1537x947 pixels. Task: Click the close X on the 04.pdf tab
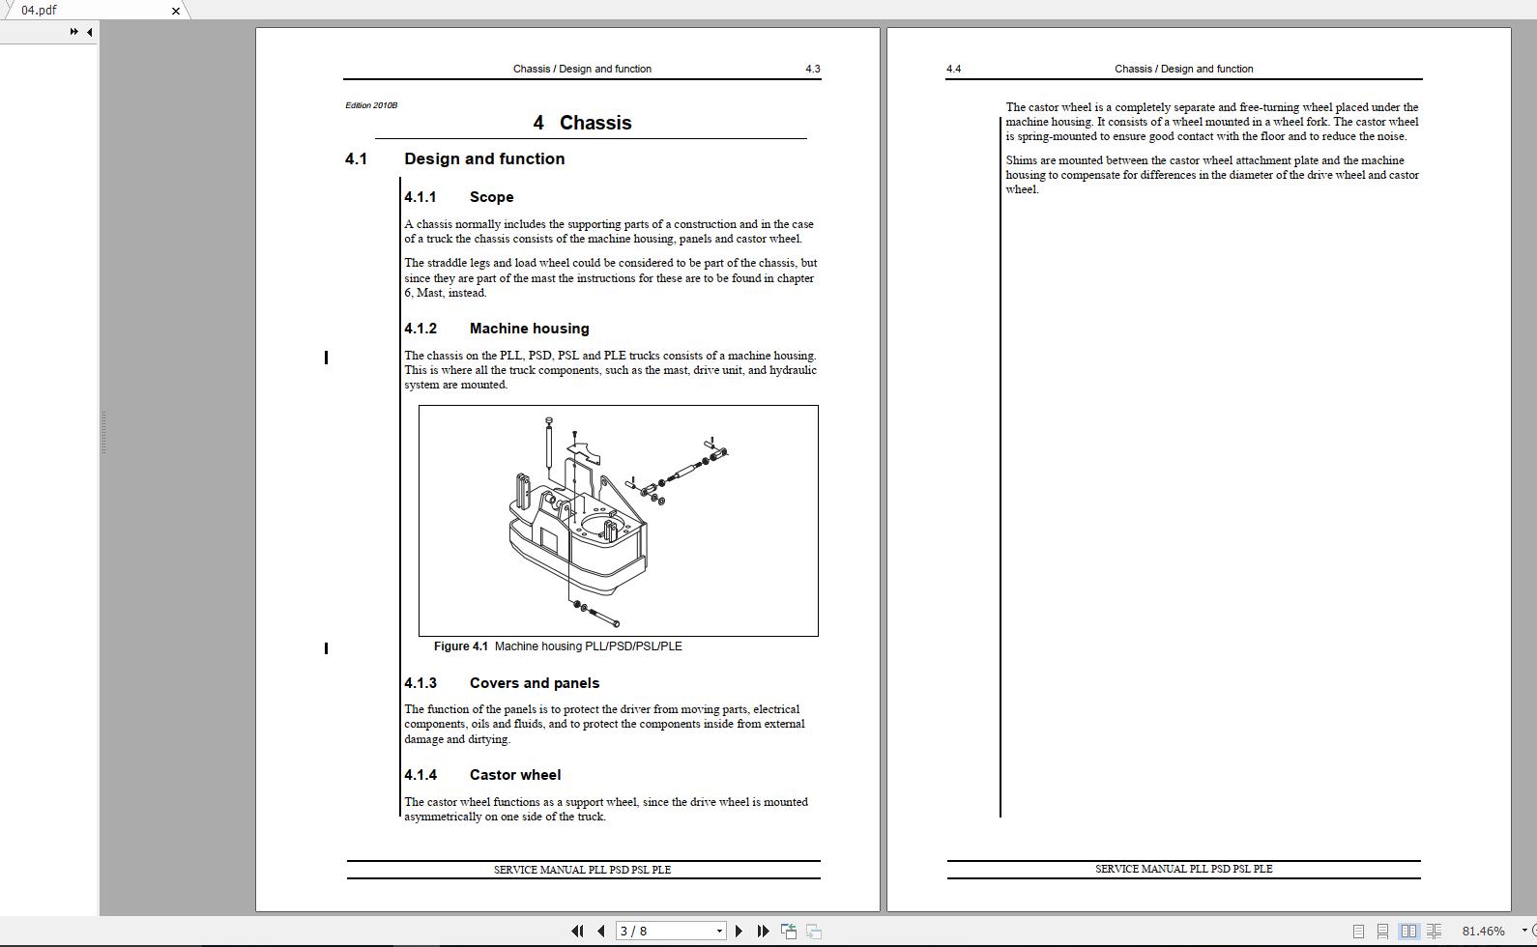pyautogui.click(x=175, y=11)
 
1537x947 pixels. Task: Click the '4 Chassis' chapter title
pyautogui.click(x=582, y=123)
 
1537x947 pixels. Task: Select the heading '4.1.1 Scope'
pyautogui.click(x=459, y=197)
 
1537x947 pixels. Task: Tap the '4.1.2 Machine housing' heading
pyautogui.click(x=497, y=329)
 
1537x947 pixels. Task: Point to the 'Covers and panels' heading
pyautogui.click(x=534, y=683)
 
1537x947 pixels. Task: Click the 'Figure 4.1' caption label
pyautogui.click(x=461, y=646)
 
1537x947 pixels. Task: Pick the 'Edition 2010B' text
pyautogui.click(x=371, y=105)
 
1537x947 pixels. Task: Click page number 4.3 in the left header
pyautogui.click(x=812, y=69)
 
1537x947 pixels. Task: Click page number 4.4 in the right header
pyautogui.click(x=953, y=69)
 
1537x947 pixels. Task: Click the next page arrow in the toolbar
pyautogui.click(x=739, y=931)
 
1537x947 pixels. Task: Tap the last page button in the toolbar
pyautogui.click(x=764, y=931)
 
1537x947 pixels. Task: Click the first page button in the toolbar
pyautogui.click(x=577, y=931)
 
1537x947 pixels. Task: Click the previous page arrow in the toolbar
pyautogui.click(x=601, y=931)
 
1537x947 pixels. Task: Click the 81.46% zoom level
pyautogui.click(x=1483, y=931)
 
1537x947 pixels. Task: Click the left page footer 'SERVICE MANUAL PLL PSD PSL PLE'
pyautogui.click(x=582, y=870)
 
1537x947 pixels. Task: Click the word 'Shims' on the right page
pyautogui.click(x=1022, y=160)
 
